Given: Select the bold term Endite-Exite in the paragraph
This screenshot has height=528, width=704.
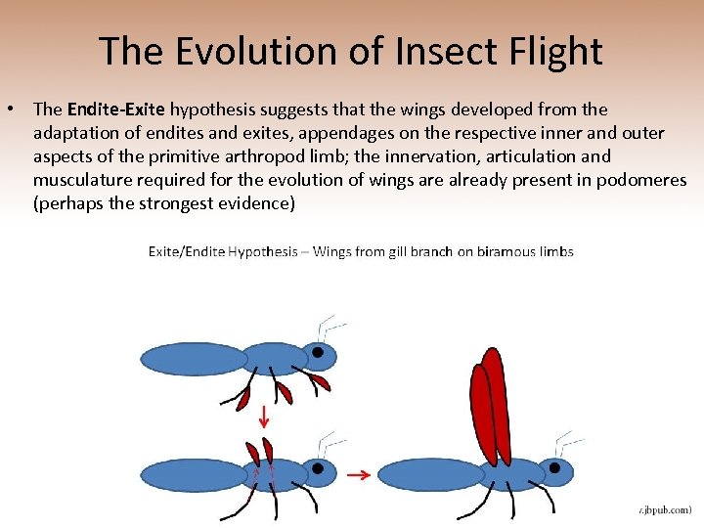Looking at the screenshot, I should click(115, 110).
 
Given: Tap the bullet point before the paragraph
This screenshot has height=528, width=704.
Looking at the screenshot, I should click(18, 110).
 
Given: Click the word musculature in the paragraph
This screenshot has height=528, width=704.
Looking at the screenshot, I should click(82, 180).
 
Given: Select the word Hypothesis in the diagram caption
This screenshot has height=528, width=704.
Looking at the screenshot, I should click(262, 251).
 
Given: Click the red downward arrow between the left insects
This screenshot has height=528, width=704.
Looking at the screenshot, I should click(264, 418).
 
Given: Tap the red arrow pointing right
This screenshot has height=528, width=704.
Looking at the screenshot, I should click(358, 475).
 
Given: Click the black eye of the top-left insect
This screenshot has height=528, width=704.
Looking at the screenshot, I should click(318, 352).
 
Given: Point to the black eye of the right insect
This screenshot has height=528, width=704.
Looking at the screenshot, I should click(554, 467).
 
